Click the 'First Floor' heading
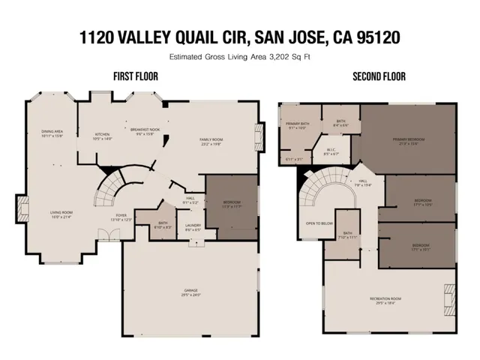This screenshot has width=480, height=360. [135, 76]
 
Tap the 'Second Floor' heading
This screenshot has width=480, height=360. [379, 76]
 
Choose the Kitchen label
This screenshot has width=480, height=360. [102, 136]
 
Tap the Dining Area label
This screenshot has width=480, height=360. [52, 133]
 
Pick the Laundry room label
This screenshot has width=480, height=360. [193, 227]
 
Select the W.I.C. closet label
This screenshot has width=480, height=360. [331, 151]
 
